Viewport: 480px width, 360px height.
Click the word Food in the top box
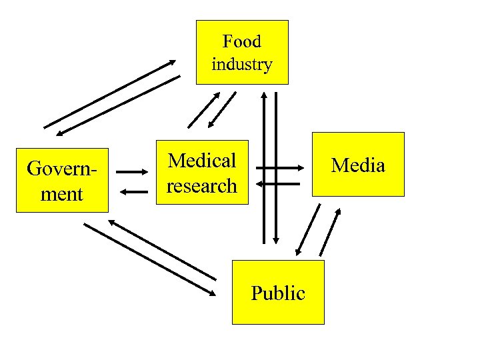(241, 41)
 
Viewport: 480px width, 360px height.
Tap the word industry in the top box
(241, 65)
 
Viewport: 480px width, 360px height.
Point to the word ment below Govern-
(61, 194)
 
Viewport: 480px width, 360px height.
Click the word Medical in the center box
(202, 161)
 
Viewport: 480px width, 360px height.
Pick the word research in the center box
(202, 185)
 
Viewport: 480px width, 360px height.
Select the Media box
(358, 165)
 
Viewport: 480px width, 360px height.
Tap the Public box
(278, 293)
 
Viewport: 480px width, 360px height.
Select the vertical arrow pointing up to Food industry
(265, 167)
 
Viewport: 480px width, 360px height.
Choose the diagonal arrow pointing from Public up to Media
(331, 232)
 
